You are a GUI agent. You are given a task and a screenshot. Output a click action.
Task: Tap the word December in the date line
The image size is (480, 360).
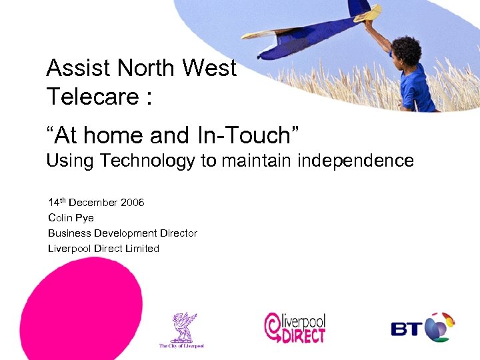(93, 203)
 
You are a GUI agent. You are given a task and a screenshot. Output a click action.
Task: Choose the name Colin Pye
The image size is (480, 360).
(71, 218)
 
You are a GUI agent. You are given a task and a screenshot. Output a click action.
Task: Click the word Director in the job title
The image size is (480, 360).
(179, 233)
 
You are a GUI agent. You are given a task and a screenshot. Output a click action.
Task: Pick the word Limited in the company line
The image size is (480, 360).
(141, 249)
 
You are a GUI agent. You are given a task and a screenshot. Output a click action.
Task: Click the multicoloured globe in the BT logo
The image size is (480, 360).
(439, 327)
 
